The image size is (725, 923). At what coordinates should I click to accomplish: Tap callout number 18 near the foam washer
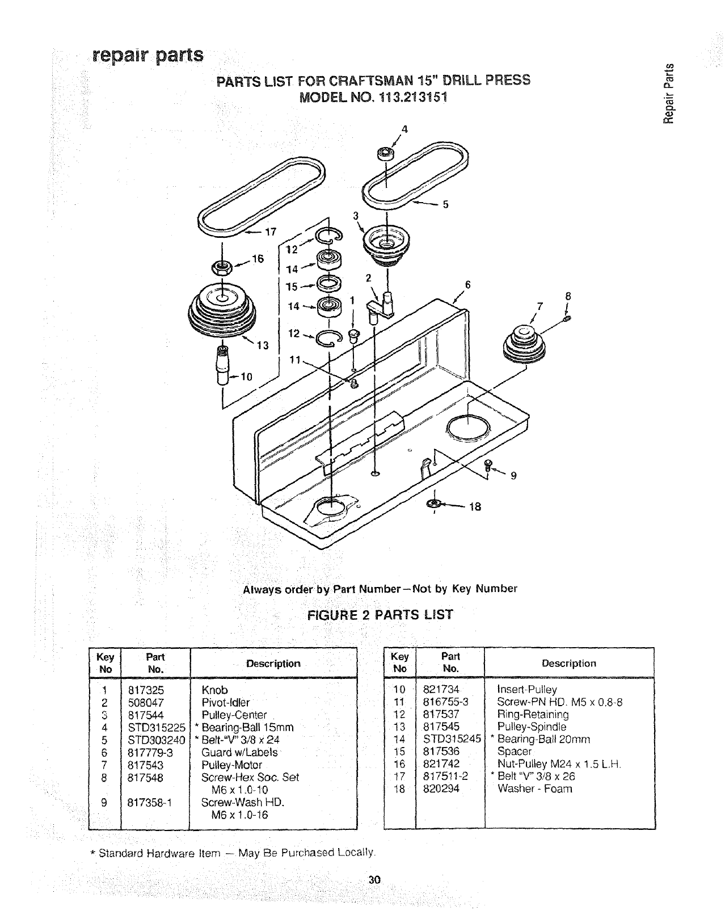tap(474, 507)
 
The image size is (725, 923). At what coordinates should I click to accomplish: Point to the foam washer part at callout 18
tap(434, 504)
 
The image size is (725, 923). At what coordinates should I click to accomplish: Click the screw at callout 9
tap(486, 465)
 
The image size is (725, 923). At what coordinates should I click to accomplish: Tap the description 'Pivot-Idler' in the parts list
tap(225, 703)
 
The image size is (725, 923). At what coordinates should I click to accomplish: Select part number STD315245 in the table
tap(452, 739)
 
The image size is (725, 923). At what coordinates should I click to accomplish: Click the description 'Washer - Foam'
tap(534, 788)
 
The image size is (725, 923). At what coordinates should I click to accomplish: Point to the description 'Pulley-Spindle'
tap(531, 727)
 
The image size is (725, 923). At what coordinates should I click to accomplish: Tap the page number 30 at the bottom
tap(373, 881)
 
